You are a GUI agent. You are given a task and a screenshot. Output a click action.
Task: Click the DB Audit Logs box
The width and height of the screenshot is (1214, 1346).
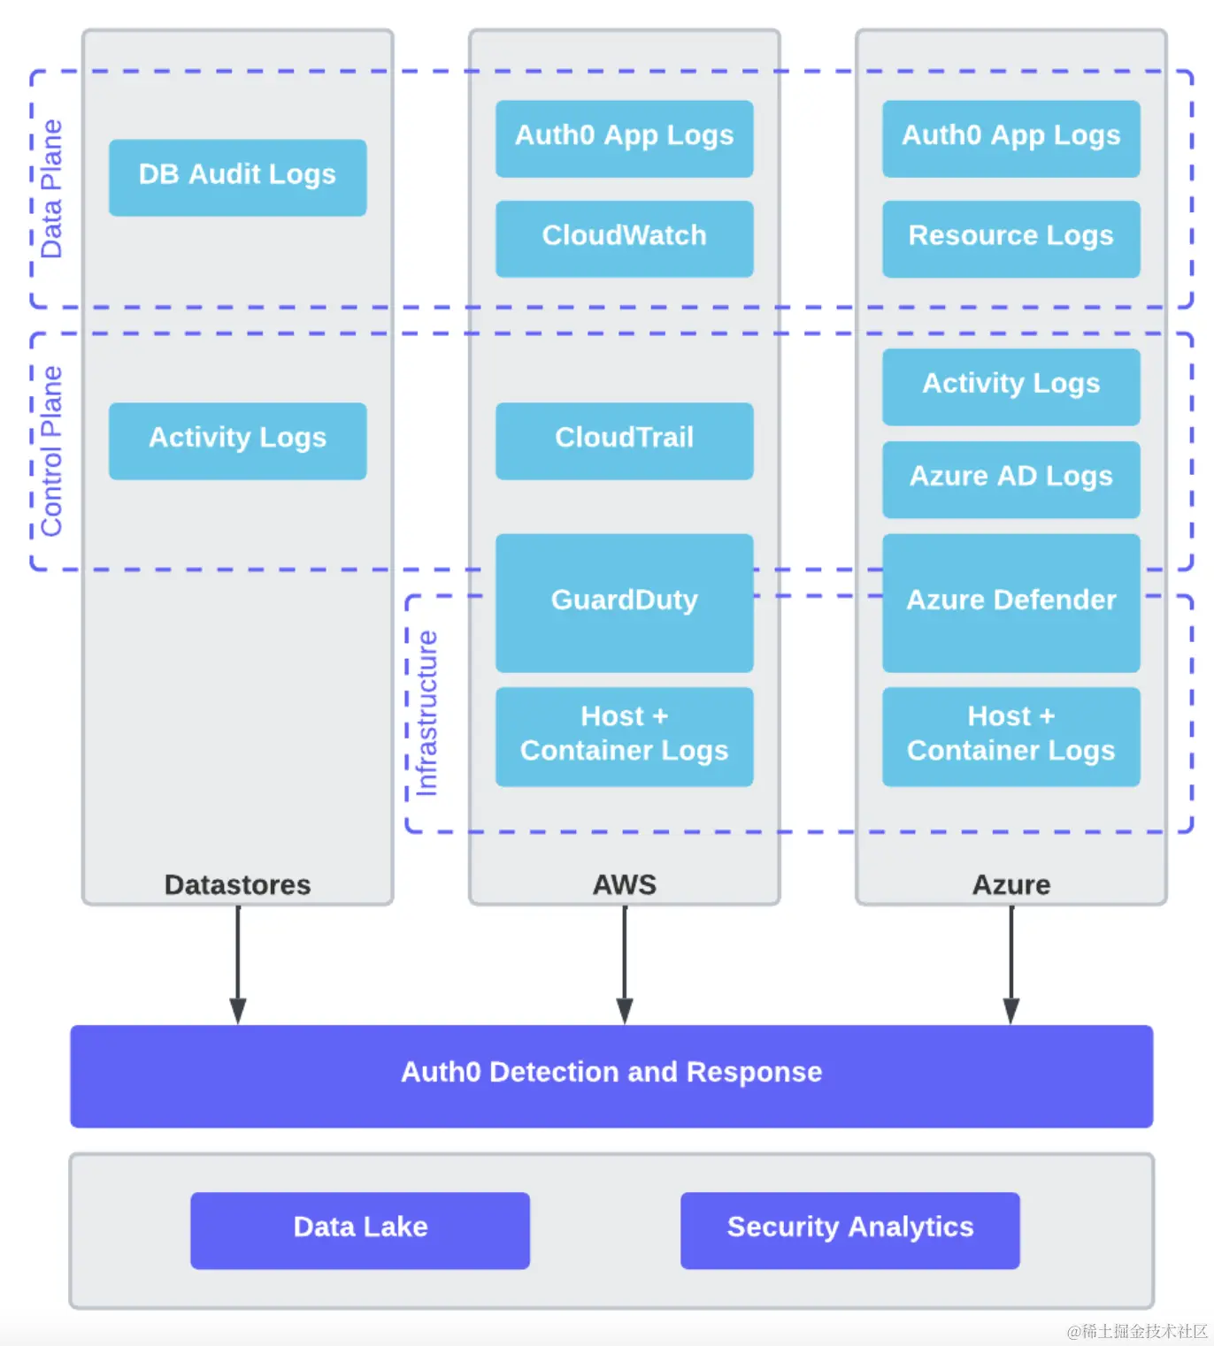pyautogui.click(x=237, y=177)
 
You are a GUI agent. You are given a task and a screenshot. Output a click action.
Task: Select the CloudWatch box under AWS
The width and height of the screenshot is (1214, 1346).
pyautogui.click(x=624, y=238)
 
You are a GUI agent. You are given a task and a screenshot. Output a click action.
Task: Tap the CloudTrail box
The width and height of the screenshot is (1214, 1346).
pyautogui.click(x=624, y=440)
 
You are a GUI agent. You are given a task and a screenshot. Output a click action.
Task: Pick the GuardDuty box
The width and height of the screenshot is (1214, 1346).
pyautogui.click(x=624, y=602)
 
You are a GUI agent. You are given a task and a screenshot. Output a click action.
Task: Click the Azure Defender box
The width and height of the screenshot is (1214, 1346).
pyautogui.click(x=1010, y=602)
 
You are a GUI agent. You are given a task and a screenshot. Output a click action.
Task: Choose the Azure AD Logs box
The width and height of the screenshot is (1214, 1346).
pyautogui.click(x=1010, y=478)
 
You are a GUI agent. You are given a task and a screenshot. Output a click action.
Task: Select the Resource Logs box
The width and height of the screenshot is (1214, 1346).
pyautogui.click(x=1010, y=238)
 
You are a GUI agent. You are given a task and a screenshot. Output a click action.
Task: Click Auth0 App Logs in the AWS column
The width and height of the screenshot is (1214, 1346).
pyautogui.click(x=624, y=138)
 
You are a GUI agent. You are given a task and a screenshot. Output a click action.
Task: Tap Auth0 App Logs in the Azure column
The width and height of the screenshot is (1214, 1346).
pyautogui.click(x=1010, y=138)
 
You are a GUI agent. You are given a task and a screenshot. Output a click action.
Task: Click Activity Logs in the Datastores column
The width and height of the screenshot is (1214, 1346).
pyautogui.click(x=237, y=440)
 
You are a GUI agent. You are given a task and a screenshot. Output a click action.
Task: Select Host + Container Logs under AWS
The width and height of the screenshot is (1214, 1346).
pyautogui.click(x=624, y=736)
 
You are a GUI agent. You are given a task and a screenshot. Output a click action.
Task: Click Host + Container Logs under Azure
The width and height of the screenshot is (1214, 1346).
pyautogui.click(x=1010, y=736)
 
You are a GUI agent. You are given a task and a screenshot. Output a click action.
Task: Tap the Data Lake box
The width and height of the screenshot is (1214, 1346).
pyautogui.click(x=360, y=1229)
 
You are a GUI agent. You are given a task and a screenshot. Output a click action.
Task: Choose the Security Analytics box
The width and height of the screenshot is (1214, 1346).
pyautogui.click(x=849, y=1229)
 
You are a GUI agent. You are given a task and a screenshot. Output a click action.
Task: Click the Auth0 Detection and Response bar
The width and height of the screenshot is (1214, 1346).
pyautogui.click(x=611, y=1075)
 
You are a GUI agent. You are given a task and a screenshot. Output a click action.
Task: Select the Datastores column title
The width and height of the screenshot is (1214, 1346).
pyautogui.click(x=237, y=884)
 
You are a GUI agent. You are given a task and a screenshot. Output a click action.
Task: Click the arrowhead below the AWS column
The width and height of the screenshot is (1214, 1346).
pyautogui.click(x=625, y=1010)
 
